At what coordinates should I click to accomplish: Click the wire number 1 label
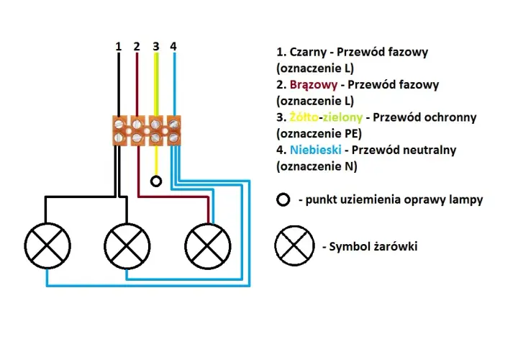[119, 47]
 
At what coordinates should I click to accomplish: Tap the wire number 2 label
[137, 47]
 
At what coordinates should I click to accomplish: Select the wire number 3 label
[156, 47]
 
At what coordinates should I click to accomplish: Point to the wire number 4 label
[173, 47]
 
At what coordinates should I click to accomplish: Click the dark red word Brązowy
[314, 85]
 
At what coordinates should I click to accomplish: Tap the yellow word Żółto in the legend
[304, 117]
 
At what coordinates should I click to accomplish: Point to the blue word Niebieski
[316, 150]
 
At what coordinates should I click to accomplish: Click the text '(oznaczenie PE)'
[319, 133]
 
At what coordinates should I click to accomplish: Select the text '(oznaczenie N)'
[317, 166]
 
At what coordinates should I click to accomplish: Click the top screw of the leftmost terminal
[119, 125]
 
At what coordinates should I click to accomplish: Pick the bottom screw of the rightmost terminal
[174, 138]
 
